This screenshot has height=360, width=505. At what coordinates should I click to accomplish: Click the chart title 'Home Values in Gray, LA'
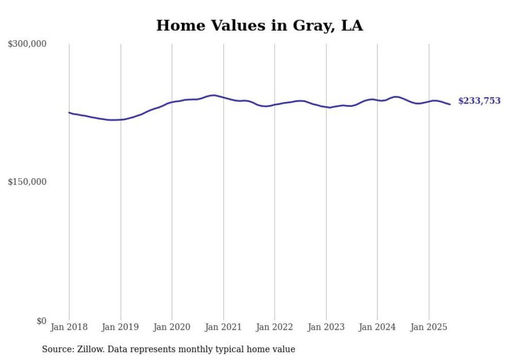pos(259,25)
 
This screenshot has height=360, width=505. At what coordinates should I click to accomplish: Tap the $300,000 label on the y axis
pos(27,44)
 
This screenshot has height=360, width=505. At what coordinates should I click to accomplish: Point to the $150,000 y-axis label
pos(27,182)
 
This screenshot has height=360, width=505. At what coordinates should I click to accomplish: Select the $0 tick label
pos(41,321)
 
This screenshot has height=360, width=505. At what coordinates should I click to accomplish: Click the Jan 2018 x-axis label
pos(69,327)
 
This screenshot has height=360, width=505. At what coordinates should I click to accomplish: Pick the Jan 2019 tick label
pos(121,327)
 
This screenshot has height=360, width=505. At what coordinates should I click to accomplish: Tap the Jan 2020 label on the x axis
pos(172,327)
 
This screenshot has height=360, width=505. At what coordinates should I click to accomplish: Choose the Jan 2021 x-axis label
pos(223,327)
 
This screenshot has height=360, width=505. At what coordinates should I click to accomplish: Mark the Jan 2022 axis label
pos(275,327)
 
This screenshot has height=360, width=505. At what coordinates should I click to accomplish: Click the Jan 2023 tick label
pos(326,327)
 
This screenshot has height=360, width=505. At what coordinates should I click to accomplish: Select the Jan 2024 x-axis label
pos(377,327)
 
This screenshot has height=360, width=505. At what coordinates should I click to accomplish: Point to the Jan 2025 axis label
pos(429,327)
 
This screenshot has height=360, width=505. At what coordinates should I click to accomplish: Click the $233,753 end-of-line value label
pos(479,101)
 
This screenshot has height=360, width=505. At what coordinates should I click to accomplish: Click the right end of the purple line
pos(450,105)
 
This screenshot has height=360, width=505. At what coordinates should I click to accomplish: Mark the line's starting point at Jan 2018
pos(70,112)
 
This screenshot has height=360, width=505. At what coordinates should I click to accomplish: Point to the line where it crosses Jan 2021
pos(223,97)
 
